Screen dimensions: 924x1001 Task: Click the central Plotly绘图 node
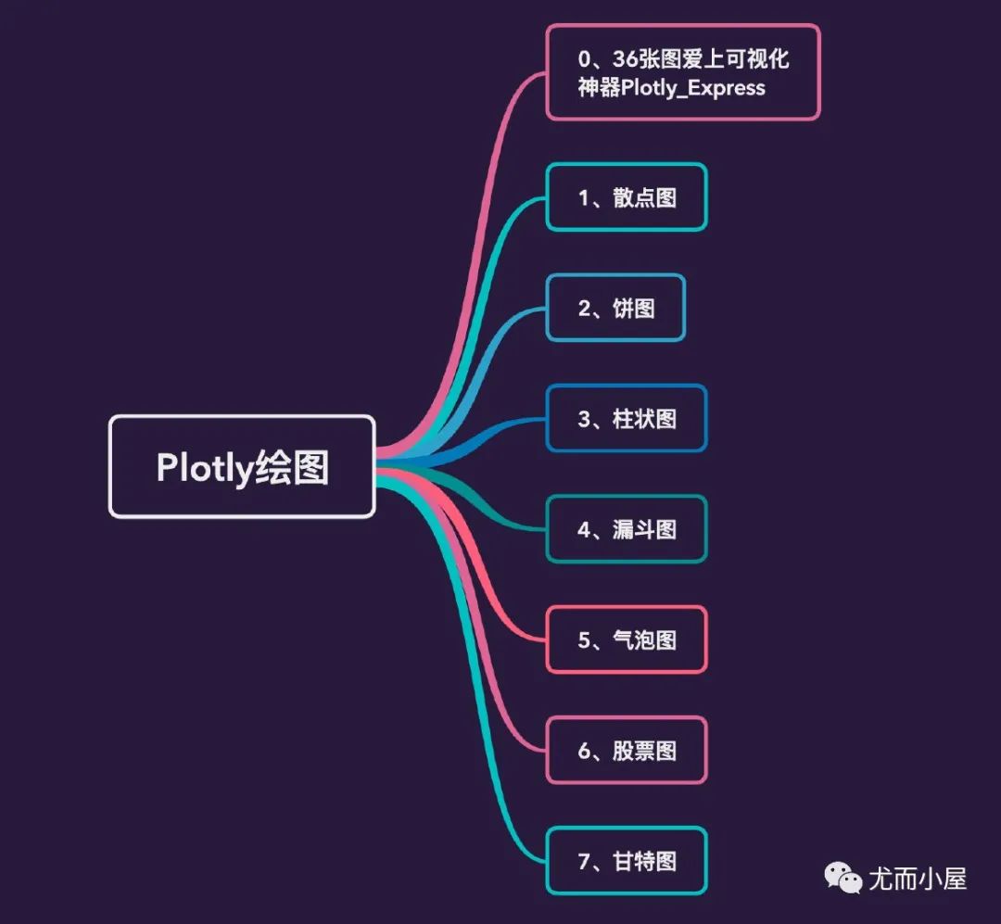point(242,466)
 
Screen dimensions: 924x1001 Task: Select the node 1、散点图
point(627,197)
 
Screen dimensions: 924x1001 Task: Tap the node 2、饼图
point(615,308)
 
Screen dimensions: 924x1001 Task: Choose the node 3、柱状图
point(627,419)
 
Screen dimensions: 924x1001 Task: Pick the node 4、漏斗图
point(627,529)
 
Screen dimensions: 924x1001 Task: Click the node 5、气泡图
point(627,639)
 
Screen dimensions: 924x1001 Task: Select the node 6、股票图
point(627,750)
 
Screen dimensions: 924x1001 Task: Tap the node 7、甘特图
point(627,861)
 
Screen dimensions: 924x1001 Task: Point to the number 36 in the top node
point(626,59)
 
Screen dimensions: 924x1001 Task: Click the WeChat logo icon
point(843,877)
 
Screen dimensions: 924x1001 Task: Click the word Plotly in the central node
point(204,468)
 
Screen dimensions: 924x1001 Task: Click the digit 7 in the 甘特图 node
point(585,861)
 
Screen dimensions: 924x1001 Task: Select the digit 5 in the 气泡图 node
point(585,639)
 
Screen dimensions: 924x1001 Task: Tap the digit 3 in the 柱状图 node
point(585,419)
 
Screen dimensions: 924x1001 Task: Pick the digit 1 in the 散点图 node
point(585,197)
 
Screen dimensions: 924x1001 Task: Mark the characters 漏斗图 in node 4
point(644,529)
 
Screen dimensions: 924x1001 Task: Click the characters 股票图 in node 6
point(644,750)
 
